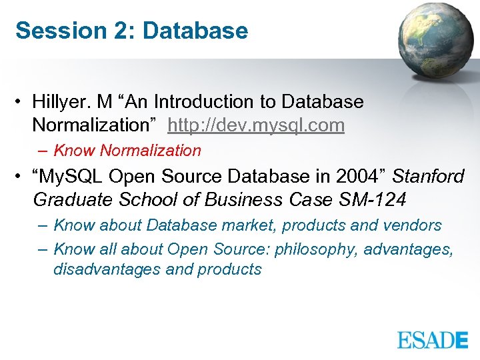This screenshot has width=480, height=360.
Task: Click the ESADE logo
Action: point(433,339)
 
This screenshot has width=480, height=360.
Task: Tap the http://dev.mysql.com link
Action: point(256,125)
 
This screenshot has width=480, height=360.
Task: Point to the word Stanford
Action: point(428,177)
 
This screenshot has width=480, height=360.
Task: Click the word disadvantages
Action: point(107,269)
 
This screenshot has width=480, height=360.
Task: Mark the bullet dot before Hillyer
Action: point(22,102)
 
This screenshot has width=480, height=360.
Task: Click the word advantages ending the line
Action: point(411,249)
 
